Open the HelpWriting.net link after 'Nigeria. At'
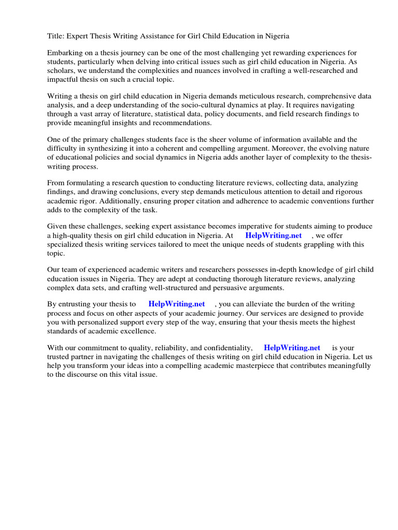(x=273, y=235)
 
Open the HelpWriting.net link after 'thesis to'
(x=177, y=304)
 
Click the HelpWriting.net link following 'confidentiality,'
(x=292, y=348)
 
